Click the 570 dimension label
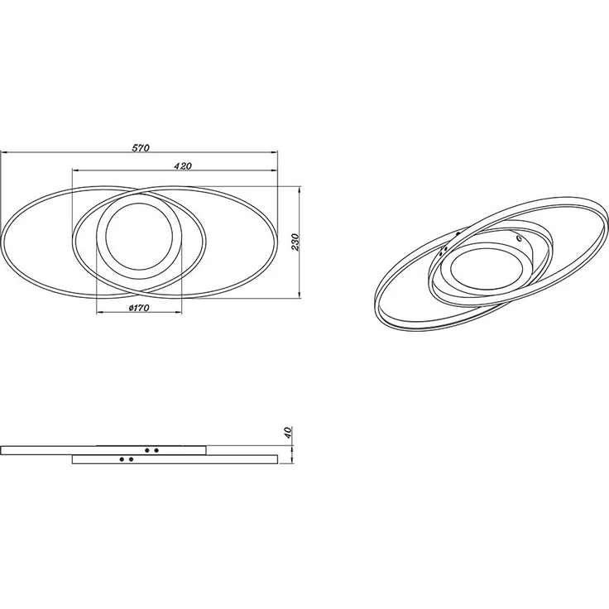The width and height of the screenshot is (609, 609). pyautogui.click(x=141, y=147)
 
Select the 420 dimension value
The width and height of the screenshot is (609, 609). pyautogui.click(x=183, y=165)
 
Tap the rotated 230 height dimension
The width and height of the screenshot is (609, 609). pyautogui.click(x=295, y=242)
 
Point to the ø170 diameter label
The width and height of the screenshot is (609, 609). pyautogui.click(x=139, y=308)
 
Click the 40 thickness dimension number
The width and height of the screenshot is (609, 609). pyautogui.click(x=288, y=432)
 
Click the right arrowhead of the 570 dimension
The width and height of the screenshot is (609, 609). pyautogui.click(x=275, y=152)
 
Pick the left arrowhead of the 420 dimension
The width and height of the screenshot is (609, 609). pyautogui.click(x=76, y=170)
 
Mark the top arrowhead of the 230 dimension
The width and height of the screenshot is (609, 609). pyautogui.click(x=299, y=190)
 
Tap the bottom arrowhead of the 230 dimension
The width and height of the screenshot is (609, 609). pyautogui.click(x=299, y=295)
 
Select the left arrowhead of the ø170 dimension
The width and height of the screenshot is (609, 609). pyautogui.click(x=100, y=313)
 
